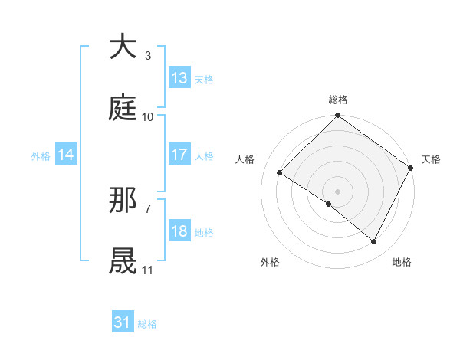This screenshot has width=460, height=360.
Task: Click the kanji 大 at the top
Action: tap(123, 47)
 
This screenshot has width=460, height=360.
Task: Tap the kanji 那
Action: tap(123, 201)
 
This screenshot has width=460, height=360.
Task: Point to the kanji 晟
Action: tap(123, 261)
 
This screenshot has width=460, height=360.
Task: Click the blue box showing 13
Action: tap(179, 78)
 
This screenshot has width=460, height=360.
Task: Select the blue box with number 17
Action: tap(179, 155)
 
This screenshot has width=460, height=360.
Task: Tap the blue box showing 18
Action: tap(179, 231)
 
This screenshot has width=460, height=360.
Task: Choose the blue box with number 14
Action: tap(66, 155)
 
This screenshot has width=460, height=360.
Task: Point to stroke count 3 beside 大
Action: tap(148, 55)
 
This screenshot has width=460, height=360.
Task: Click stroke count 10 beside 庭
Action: tap(148, 116)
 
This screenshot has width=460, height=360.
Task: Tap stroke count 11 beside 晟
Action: tap(148, 270)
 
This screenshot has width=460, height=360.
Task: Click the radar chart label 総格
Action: tap(337, 100)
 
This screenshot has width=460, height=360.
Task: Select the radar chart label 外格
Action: tap(270, 263)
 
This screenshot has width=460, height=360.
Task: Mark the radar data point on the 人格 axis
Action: tap(280, 172)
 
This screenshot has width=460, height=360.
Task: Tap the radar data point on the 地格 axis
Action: tap(374, 242)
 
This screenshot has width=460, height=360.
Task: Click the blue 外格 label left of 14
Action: tap(41, 155)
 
